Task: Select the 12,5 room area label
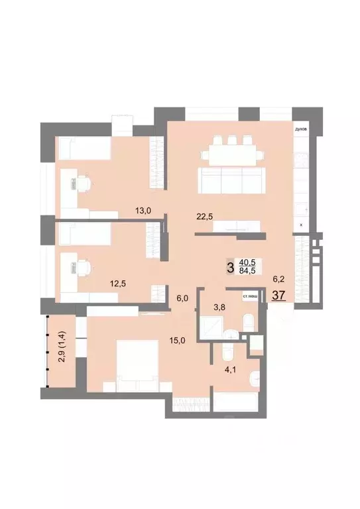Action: point(118,284)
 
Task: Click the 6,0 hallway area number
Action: point(183,298)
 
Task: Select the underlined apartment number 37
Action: point(278,295)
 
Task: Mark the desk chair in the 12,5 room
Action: point(84,266)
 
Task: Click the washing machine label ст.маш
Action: point(249,296)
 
